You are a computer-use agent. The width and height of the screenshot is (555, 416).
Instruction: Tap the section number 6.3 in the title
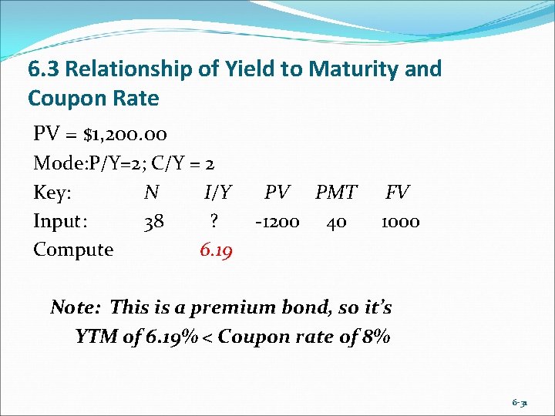click(x=44, y=69)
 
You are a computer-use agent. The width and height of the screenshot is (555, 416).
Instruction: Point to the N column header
click(x=152, y=193)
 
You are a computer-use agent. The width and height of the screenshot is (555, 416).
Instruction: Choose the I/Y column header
click(x=216, y=193)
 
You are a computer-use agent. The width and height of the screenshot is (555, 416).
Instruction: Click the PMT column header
click(x=336, y=193)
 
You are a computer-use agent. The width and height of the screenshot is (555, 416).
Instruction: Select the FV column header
click(x=398, y=193)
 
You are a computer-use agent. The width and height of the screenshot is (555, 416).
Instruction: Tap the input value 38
click(x=153, y=222)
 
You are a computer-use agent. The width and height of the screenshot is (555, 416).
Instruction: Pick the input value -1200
click(x=277, y=222)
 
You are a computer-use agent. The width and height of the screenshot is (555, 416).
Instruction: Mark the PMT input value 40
click(x=336, y=222)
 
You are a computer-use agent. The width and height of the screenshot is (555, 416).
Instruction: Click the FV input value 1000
click(x=400, y=222)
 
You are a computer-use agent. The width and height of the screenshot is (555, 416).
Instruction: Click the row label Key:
click(x=52, y=193)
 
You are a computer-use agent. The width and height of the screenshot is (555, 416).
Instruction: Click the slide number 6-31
click(x=520, y=402)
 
